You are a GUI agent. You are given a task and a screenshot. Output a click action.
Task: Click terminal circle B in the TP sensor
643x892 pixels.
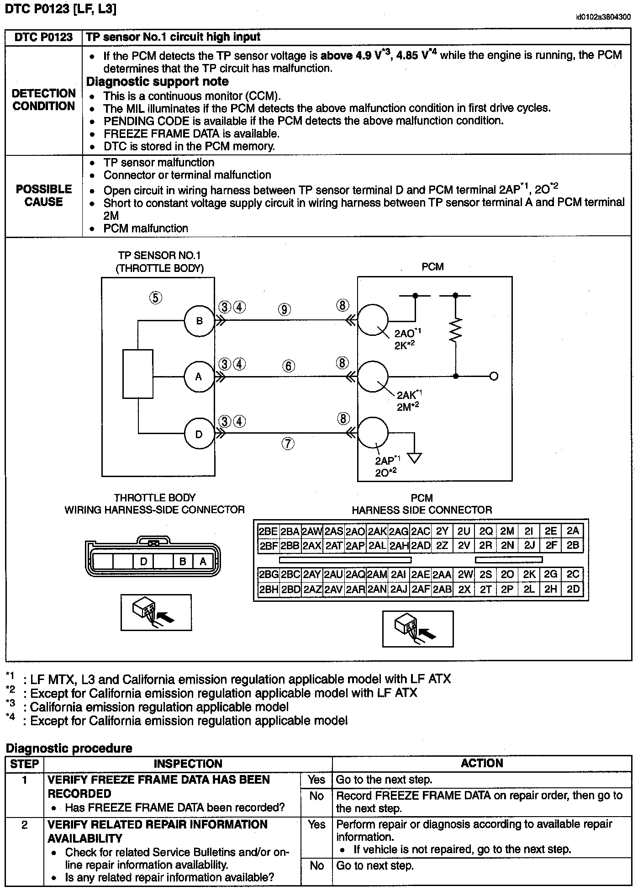coord(199,320)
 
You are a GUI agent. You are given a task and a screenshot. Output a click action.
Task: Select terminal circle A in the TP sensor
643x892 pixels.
coord(199,377)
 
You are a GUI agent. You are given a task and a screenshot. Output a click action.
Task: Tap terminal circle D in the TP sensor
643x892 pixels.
coord(199,434)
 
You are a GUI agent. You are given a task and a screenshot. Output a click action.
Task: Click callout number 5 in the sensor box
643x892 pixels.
coord(156,298)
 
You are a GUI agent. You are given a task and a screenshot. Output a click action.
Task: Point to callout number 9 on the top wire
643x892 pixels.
coord(284,310)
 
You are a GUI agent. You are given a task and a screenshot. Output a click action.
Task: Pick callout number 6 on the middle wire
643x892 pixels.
coord(289,366)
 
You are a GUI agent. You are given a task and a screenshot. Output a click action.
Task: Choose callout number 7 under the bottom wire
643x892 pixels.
coord(288,443)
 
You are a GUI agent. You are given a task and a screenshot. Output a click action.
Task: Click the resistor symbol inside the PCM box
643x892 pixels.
coord(455,330)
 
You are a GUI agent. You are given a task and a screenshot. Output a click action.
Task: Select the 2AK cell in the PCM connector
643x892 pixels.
coord(377,531)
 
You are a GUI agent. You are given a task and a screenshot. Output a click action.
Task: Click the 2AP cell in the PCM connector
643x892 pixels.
coord(355,545)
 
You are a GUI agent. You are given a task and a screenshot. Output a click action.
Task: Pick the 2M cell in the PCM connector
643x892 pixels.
coord(507,531)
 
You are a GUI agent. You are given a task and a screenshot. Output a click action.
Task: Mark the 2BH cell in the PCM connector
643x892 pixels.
coord(268,589)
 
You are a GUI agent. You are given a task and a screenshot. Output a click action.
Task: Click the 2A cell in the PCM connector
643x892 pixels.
coord(573,531)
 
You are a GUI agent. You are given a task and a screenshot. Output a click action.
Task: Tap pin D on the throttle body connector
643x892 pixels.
coord(143,561)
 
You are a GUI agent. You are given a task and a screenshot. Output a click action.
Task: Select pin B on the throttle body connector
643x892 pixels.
coord(183,561)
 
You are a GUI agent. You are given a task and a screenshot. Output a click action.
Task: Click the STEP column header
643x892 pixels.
coord(25,764)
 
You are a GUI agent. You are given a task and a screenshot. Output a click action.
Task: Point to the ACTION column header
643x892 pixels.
coord(482,764)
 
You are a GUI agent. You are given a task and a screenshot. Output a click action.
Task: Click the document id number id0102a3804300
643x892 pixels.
coord(603,17)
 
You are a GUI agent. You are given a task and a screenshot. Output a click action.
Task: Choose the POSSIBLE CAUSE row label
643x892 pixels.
coord(44,196)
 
